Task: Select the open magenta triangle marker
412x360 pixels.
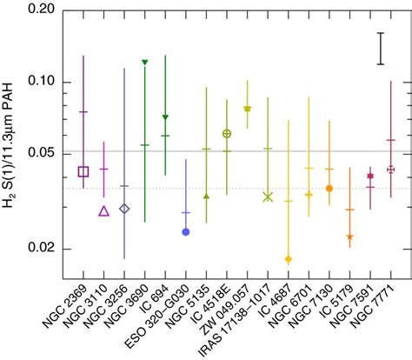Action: point(103,210)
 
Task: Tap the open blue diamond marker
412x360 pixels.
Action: point(124,209)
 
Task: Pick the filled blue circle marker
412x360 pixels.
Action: point(186,231)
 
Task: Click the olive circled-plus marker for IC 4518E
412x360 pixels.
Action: point(227,133)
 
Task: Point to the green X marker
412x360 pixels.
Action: point(268,197)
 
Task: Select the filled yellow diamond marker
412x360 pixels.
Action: point(288,259)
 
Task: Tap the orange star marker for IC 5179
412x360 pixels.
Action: point(349,236)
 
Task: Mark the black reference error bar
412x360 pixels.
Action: point(380,49)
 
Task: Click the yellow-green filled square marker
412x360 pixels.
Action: point(248,109)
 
